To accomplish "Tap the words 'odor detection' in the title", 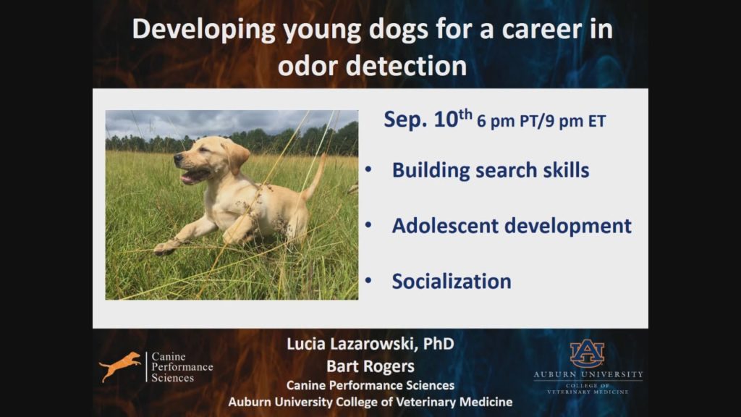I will point(372,66).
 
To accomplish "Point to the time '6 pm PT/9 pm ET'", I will point(541,122).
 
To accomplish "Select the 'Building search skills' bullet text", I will point(490,170).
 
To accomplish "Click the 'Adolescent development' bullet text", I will point(512,225).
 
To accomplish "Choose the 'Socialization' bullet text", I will point(451,281).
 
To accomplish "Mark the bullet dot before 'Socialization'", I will point(370,280).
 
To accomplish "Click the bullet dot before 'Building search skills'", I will point(370,169).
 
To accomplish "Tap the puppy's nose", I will point(177,161).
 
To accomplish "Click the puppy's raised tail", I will point(316,177).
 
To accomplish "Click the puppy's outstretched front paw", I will point(165,248).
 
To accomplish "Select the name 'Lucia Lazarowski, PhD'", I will point(370,345).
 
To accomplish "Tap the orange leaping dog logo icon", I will point(120,366).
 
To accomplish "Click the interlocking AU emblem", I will point(587,354).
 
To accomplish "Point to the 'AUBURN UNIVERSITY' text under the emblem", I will point(588,375).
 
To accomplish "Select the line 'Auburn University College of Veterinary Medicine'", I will point(370,402).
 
